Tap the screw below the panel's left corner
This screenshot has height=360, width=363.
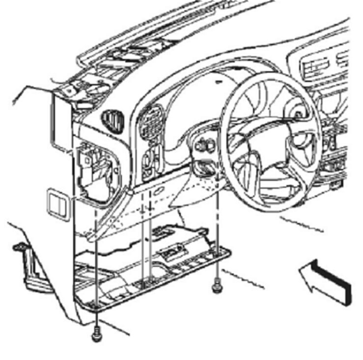point(96,333)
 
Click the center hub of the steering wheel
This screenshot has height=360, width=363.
point(268,142)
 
